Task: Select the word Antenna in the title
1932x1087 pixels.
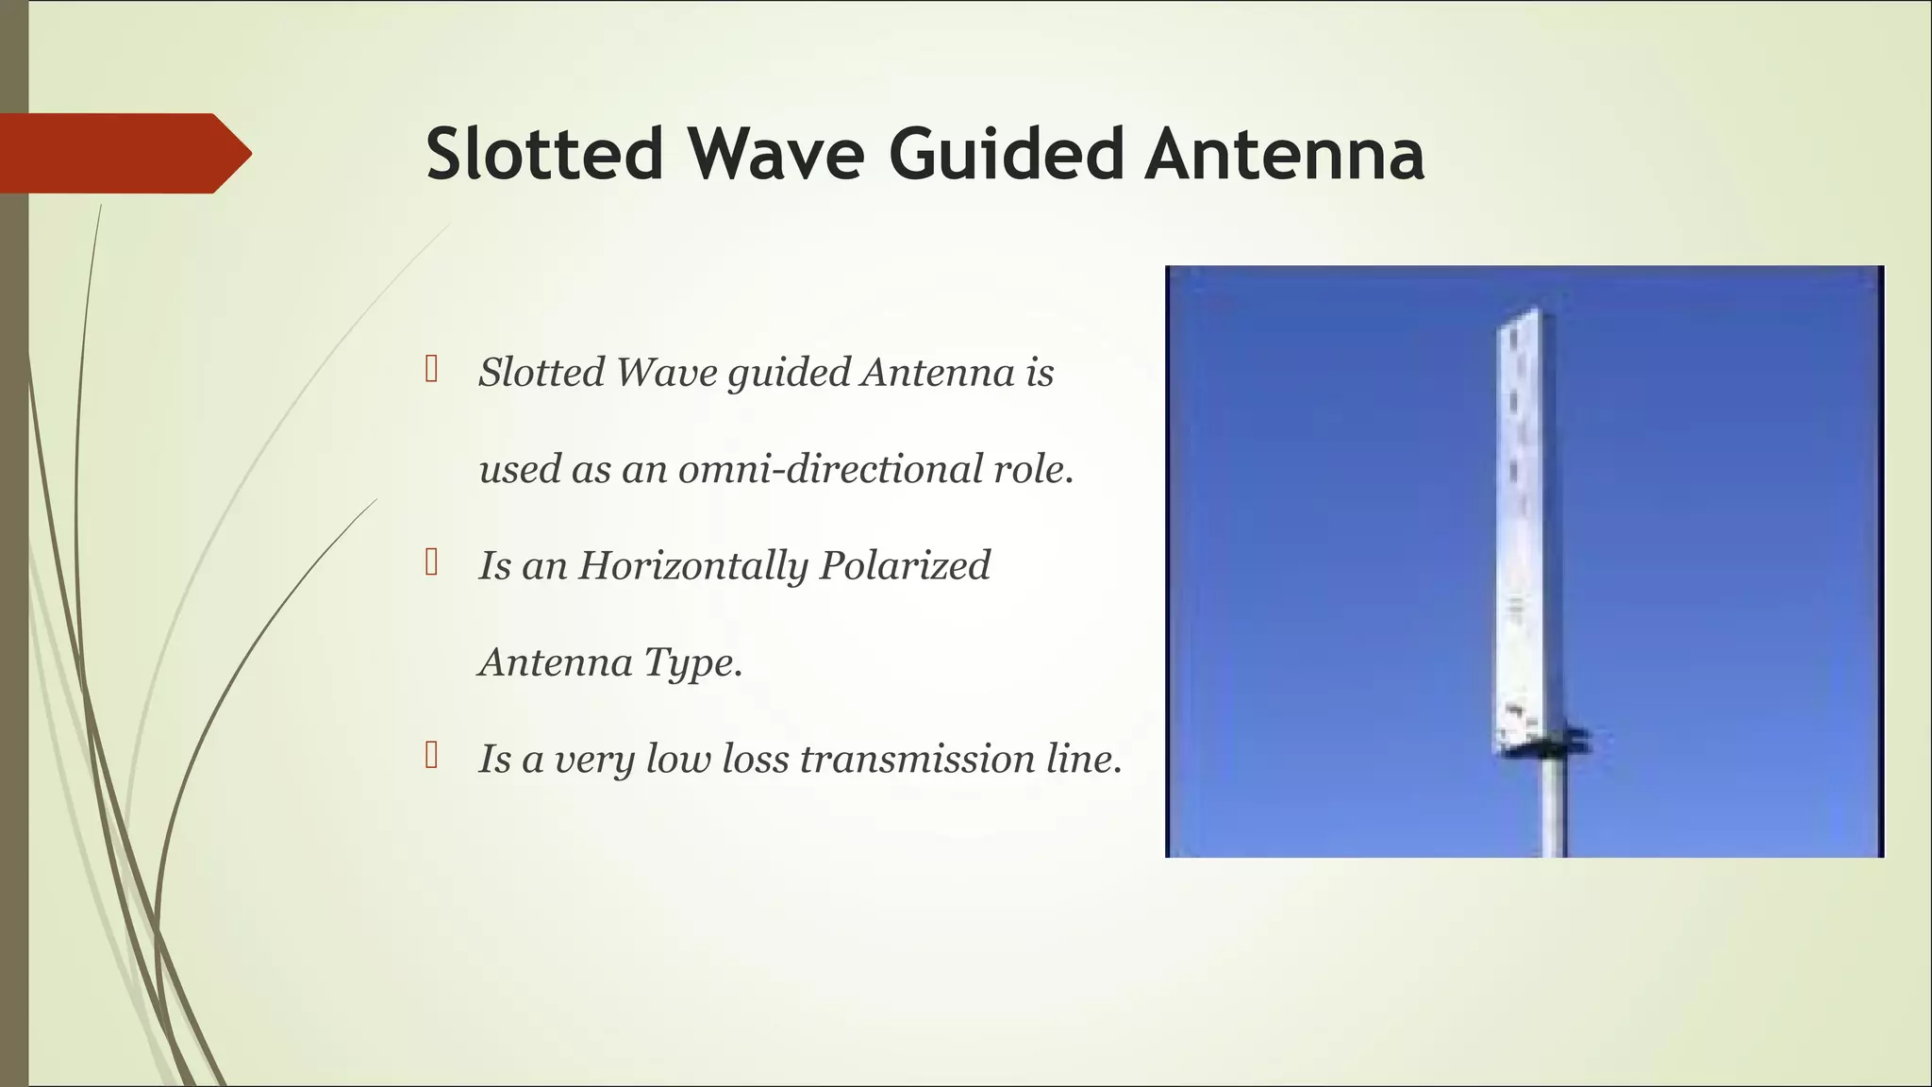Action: [x=1284, y=154]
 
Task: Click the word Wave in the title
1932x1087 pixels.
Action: [x=775, y=154]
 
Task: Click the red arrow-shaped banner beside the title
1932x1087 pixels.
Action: [x=123, y=153]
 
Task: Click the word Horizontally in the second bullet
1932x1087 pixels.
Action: [x=692, y=566]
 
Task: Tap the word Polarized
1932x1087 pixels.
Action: [x=905, y=566]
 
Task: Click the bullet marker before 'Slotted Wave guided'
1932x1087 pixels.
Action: [x=431, y=369]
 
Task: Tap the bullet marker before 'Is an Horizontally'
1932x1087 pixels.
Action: [x=431, y=562]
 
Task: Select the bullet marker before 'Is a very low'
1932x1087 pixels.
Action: [x=431, y=755]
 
